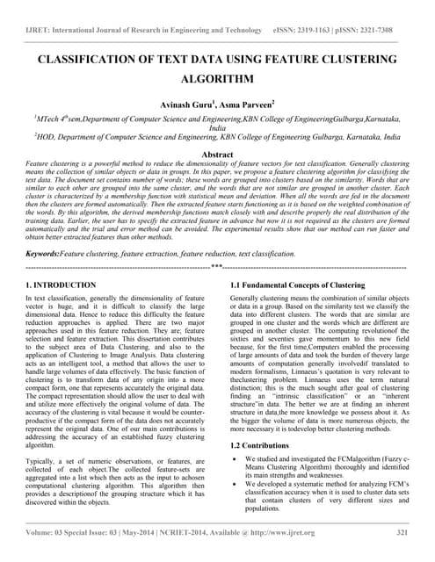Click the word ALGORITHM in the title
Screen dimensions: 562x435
tap(217, 78)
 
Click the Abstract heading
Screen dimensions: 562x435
tap(217, 153)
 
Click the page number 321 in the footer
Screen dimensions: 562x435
tap(402, 532)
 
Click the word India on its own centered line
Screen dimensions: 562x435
tap(217, 126)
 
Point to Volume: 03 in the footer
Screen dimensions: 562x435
tap(49, 532)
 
